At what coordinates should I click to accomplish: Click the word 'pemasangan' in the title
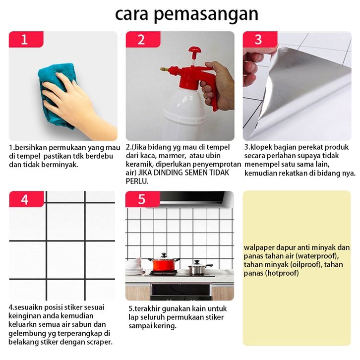click(x=206, y=14)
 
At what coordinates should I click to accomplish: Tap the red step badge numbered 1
click(x=26, y=39)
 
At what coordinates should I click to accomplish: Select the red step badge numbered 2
click(x=143, y=39)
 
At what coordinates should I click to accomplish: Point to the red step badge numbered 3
click(x=260, y=39)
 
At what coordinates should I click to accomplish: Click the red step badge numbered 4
click(x=26, y=199)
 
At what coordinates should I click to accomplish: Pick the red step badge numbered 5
click(x=143, y=199)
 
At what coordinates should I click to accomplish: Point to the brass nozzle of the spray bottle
click(x=165, y=69)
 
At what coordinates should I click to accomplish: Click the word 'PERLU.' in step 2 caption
click(x=137, y=181)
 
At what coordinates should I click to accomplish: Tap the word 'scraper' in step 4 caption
click(x=99, y=342)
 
